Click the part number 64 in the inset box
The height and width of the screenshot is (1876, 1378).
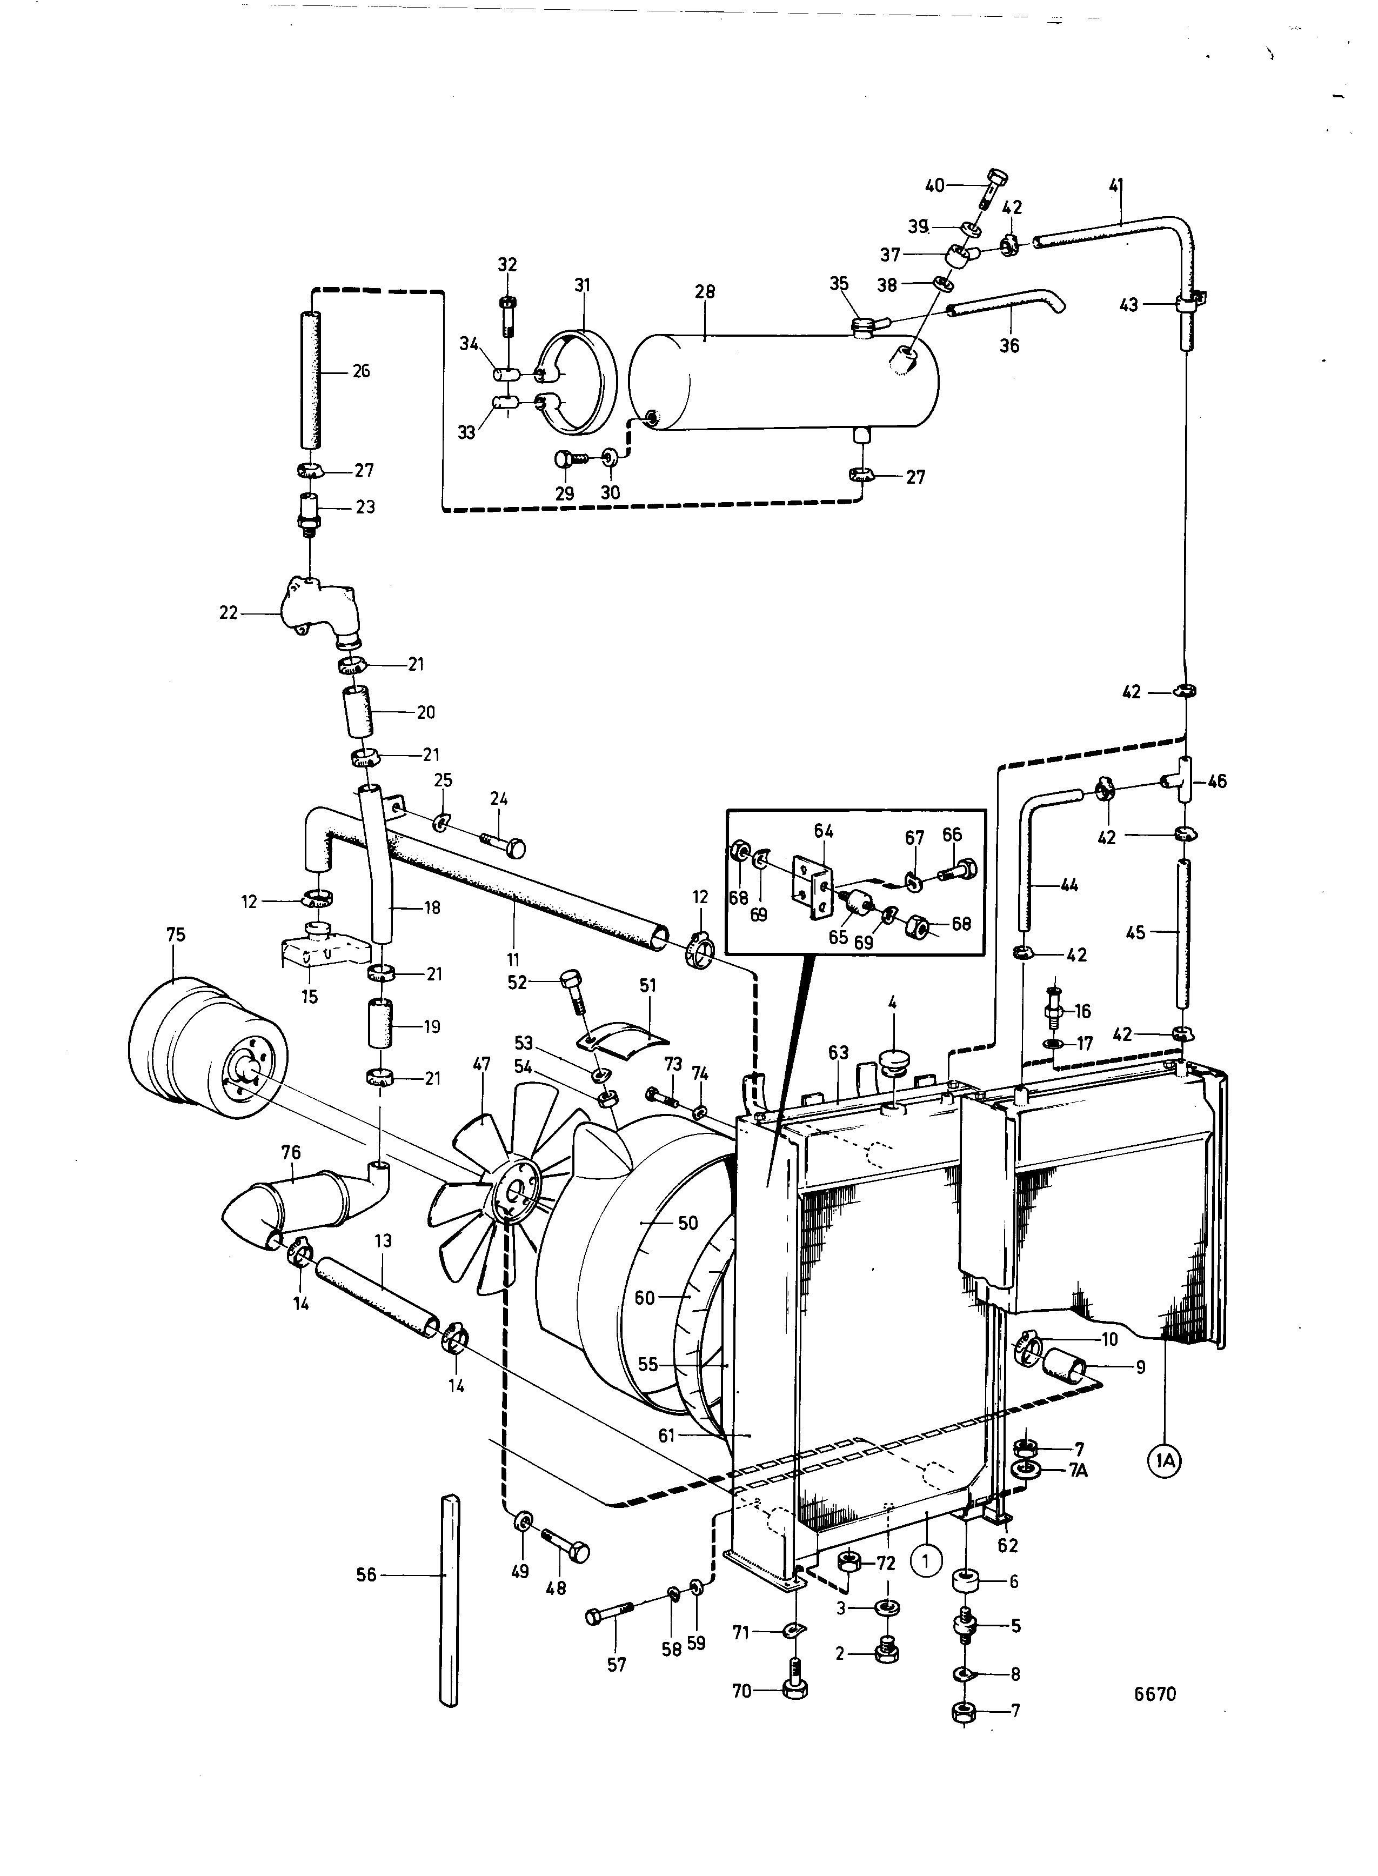click(x=824, y=831)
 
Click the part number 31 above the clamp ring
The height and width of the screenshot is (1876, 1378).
click(x=581, y=285)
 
